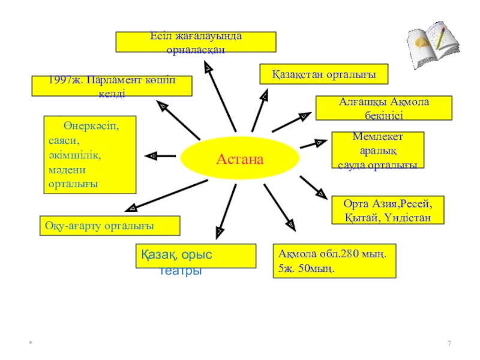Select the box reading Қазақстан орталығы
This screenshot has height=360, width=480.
[324, 74]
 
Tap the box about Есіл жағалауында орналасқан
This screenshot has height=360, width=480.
[196, 42]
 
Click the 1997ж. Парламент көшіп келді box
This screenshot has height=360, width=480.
[112, 86]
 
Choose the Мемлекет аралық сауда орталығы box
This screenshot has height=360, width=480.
[377, 150]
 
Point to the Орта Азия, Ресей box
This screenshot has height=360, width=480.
[388, 210]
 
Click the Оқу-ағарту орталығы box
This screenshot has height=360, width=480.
[109, 226]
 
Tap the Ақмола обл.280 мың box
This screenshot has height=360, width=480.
[334, 260]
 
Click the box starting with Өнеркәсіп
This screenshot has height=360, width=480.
[90, 155]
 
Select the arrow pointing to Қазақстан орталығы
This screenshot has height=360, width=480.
[259, 111]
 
